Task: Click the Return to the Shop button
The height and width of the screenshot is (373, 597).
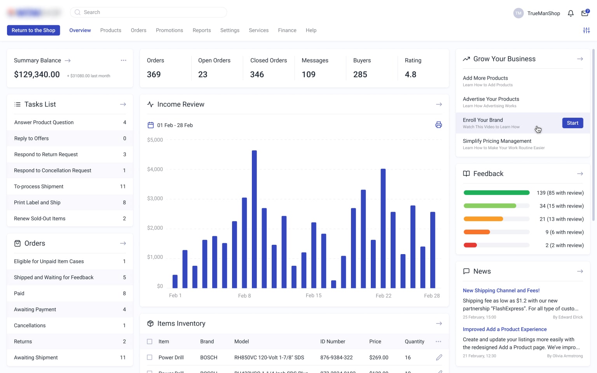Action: pos(33,30)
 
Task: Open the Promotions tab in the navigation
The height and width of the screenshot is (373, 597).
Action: pos(169,30)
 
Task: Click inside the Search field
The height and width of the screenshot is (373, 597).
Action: pos(152,12)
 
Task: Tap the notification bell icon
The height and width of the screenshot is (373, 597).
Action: pos(571,13)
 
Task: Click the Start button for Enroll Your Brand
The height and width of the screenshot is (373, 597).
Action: pos(572,123)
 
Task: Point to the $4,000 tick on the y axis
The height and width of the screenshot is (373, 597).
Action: pos(155,169)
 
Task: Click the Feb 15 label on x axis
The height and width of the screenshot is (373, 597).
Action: pos(313,296)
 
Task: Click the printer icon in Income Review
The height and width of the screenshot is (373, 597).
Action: pos(438,125)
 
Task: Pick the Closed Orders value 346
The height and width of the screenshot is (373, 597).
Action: pos(257,74)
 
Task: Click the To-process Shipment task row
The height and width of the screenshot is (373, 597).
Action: pos(70,186)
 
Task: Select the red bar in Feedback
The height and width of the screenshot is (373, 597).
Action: pos(470,245)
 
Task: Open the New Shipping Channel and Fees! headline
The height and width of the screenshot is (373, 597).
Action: pos(501,291)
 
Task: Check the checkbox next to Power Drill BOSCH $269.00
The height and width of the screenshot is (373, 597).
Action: pos(150,357)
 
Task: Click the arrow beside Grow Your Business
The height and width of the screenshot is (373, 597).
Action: pos(580,59)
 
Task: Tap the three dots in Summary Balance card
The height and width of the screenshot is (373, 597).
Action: pos(124,60)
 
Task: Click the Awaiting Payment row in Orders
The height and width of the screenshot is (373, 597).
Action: pos(70,310)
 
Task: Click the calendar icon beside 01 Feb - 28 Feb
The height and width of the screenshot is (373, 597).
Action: pos(151,125)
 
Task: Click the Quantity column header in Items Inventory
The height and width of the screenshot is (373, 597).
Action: pos(414,342)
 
